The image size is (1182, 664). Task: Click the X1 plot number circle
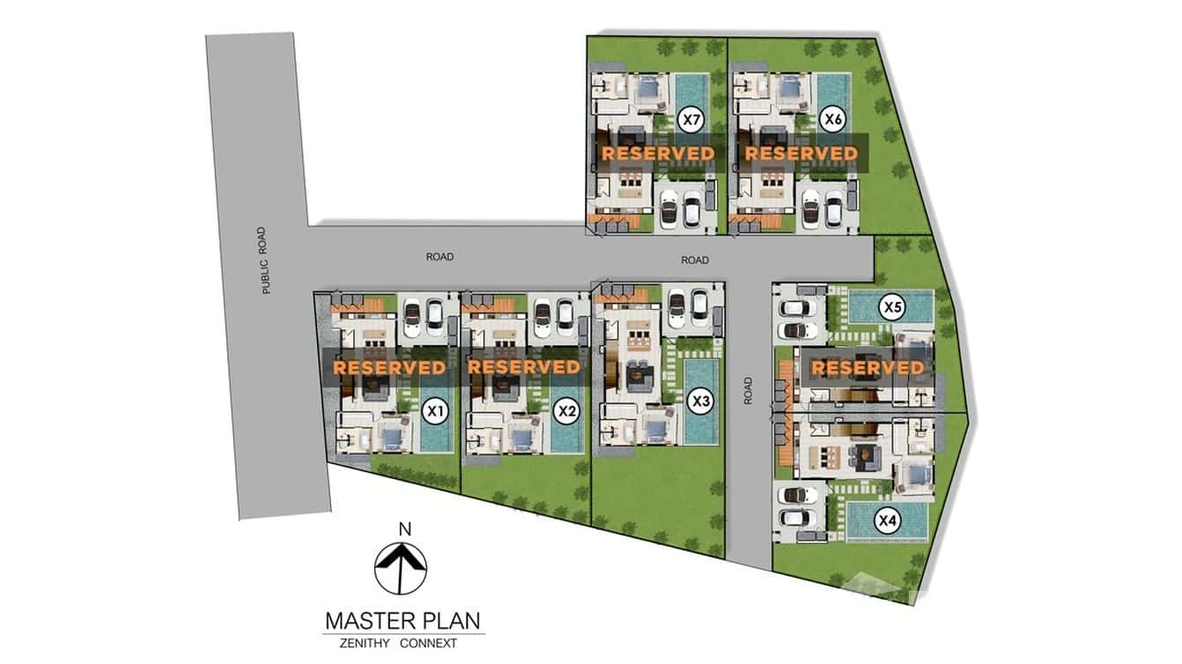pyautogui.click(x=435, y=411)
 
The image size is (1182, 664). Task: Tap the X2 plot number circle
pyautogui.click(x=566, y=411)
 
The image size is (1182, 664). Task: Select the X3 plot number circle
pyautogui.click(x=701, y=402)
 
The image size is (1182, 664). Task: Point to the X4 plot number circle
pyautogui.click(x=888, y=521)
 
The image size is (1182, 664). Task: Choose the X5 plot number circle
pyautogui.click(x=892, y=307)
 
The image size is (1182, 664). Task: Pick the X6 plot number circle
pyautogui.click(x=832, y=120)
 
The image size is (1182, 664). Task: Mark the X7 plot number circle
pyautogui.click(x=691, y=120)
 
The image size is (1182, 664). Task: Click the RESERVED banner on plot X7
pyautogui.click(x=658, y=153)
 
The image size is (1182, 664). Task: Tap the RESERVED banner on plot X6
pyautogui.click(x=801, y=153)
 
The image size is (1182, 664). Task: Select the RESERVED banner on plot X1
pyautogui.click(x=389, y=367)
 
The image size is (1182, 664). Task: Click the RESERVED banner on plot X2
pyautogui.click(x=525, y=367)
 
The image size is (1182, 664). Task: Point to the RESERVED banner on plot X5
pyautogui.click(x=868, y=367)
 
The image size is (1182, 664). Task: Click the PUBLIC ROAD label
pyautogui.click(x=264, y=261)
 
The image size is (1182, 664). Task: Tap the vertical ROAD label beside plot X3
pyautogui.click(x=748, y=391)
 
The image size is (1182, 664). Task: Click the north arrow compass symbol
pyautogui.click(x=401, y=568)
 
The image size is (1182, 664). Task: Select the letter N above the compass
pyautogui.click(x=405, y=529)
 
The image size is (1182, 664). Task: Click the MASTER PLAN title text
pyautogui.click(x=403, y=621)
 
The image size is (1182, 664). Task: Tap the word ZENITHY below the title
pyautogui.click(x=365, y=644)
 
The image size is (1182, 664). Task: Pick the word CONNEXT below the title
pyautogui.click(x=428, y=644)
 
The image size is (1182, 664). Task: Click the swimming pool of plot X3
pyautogui.click(x=702, y=402)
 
